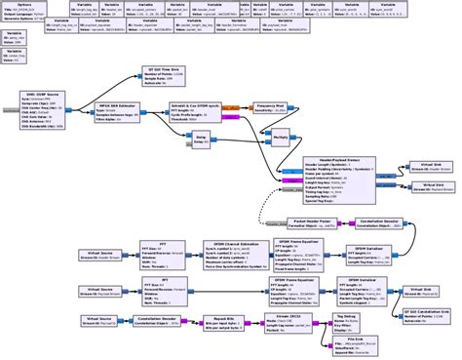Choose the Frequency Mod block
pos(269,110)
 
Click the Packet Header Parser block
pos(309,222)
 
